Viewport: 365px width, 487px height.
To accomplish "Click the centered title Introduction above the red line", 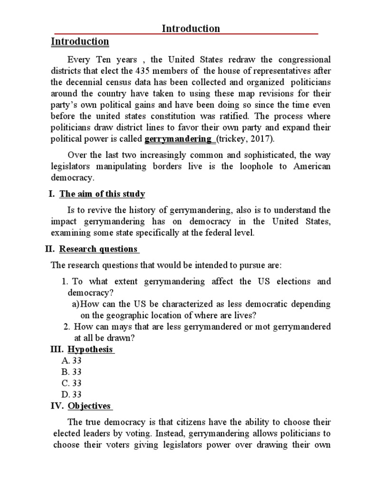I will tap(191, 29).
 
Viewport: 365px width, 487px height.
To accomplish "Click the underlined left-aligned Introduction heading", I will tap(80, 42).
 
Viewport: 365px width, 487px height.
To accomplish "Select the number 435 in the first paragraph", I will tap(144, 71).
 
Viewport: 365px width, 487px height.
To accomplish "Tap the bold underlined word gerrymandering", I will tap(178, 139).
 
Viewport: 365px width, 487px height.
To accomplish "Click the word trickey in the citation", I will tap(232, 139).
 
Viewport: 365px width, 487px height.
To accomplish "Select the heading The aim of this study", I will tap(102, 194).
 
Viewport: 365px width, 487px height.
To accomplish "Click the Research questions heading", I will tap(98, 249).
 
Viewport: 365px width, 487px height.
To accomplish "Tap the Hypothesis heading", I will tap(90, 350).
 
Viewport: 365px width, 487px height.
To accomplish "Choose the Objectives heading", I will tap(89, 406).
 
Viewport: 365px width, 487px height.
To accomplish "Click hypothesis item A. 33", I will tap(72, 361).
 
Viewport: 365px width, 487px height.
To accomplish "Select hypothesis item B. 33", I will tap(72, 372).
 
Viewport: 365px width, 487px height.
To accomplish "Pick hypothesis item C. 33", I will tap(72, 383).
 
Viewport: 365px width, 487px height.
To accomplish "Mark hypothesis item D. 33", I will tap(72, 394).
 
